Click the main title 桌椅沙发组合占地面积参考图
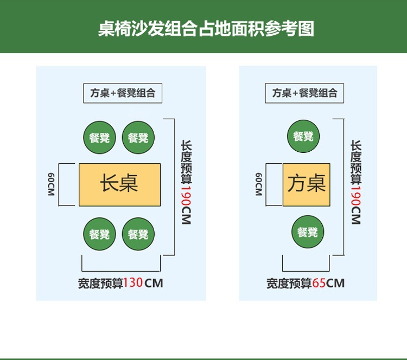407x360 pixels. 206,28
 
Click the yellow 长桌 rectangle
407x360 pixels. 120,184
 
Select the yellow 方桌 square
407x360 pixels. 307,184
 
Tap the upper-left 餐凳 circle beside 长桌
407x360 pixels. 99,138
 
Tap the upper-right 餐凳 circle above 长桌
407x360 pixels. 138,138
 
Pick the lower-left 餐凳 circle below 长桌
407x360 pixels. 99,234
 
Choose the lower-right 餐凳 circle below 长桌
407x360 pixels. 138,234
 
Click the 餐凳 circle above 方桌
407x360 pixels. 303,136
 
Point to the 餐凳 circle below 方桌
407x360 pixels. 308,232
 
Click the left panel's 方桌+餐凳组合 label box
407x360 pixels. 123,93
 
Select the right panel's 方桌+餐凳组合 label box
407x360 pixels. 304,93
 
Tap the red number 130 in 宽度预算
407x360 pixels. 133,282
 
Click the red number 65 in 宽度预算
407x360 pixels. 319,282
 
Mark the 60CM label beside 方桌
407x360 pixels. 259,184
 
